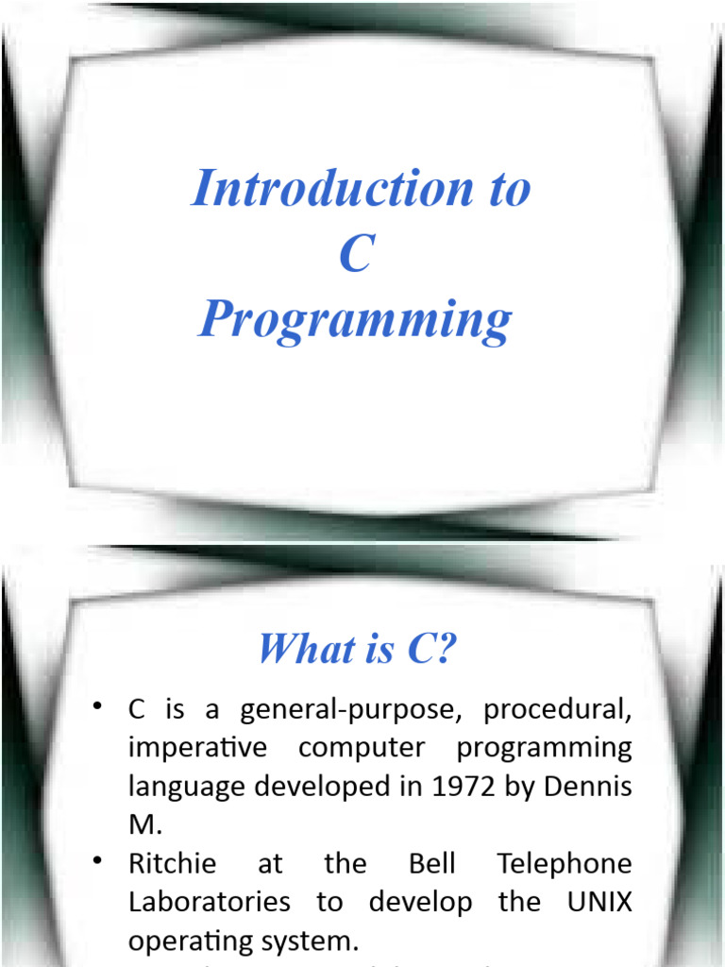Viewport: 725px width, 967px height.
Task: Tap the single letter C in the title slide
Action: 356,254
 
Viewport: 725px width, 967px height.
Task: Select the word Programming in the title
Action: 356,321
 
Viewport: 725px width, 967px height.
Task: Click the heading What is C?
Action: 357,650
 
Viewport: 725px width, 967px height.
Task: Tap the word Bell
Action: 433,864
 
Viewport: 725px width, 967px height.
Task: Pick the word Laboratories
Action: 210,901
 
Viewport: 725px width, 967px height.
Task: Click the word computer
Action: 362,748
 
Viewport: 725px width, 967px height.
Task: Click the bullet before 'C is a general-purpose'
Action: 97,708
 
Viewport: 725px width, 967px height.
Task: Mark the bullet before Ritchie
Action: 97,861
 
